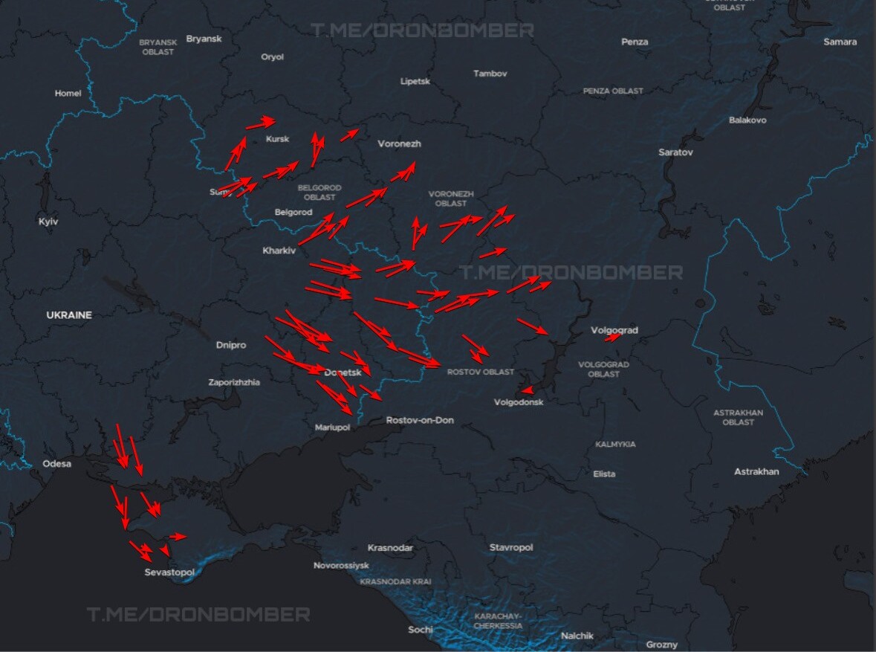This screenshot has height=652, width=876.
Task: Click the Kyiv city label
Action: click(48, 222)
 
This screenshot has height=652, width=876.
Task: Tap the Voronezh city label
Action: click(399, 144)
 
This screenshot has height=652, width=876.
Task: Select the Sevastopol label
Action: click(169, 572)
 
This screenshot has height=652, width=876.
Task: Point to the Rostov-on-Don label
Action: click(420, 420)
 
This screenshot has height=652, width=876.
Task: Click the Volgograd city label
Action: click(614, 330)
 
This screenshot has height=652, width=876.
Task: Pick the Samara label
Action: click(840, 42)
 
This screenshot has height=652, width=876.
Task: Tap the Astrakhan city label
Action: click(756, 471)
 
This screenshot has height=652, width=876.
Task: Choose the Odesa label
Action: click(57, 464)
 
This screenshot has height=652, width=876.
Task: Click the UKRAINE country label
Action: click(69, 315)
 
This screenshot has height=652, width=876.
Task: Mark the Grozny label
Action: click(661, 645)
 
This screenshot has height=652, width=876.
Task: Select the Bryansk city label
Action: click(204, 39)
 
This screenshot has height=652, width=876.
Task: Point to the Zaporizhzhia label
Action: click(234, 382)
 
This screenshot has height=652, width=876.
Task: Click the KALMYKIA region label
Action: click(615, 444)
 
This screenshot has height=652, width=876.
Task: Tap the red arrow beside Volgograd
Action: click(612, 338)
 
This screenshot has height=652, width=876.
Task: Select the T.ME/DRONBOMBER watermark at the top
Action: click(422, 30)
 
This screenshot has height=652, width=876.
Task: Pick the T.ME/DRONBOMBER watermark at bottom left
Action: click(198, 615)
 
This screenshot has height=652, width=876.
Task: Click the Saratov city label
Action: click(675, 152)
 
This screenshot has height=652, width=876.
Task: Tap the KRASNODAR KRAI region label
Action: click(395, 581)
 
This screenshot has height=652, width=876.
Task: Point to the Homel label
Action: click(68, 93)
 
